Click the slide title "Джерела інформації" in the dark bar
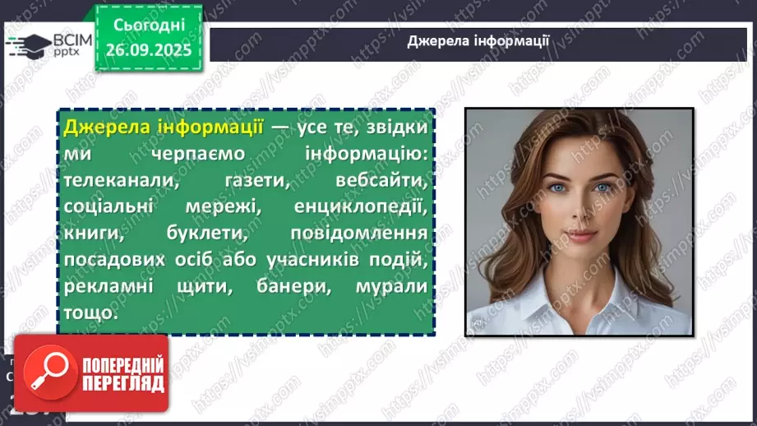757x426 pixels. coord(478,43)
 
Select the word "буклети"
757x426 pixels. coord(210,234)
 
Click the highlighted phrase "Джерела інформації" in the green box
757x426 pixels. coord(163,128)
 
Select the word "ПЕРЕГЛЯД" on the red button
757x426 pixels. coord(123,382)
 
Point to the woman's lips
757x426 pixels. coord(581,235)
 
